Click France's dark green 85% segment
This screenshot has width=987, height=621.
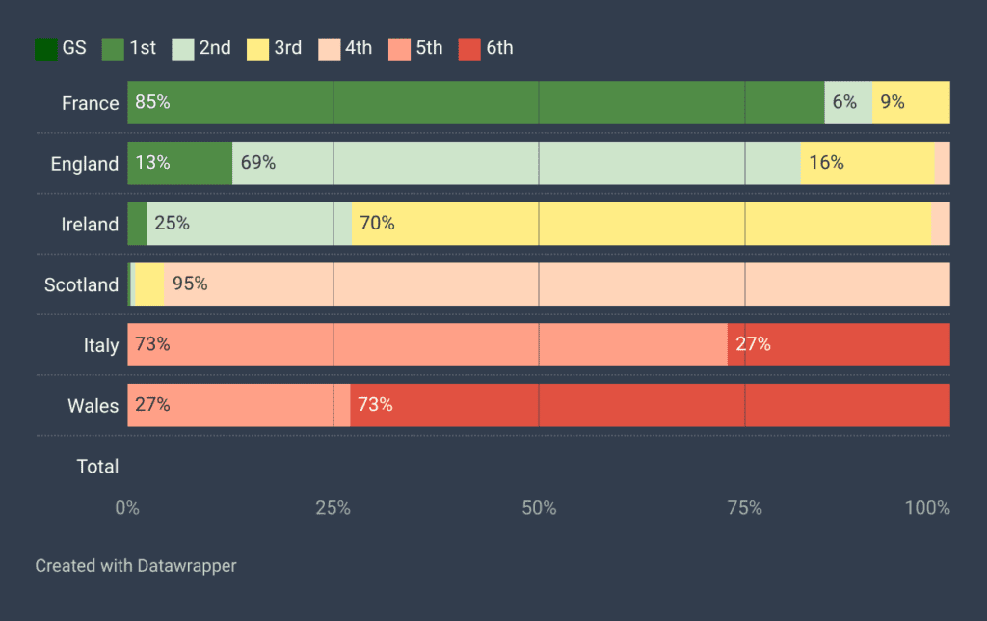[x=475, y=103]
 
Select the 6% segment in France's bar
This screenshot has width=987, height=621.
[x=848, y=103]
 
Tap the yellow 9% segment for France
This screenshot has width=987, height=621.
[x=911, y=103]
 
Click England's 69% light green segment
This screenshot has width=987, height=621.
[x=516, y=163]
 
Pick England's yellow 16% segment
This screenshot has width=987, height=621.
[x=867, y=163]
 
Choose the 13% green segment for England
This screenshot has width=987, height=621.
[x=179, y=163]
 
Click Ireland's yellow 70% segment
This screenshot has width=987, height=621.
[x=641, y=224]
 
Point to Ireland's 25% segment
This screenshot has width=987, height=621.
[x=249, y=224]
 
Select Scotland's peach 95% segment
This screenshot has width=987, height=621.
[x=556, y=284]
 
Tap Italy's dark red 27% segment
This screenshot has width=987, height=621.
[x=839, y=345]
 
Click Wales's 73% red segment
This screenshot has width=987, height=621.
[x=650, y=405]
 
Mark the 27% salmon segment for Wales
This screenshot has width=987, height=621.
[x=238, y=405]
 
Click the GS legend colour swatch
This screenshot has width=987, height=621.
[x=45, y=48]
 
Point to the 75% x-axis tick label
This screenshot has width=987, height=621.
[x=744, y=508]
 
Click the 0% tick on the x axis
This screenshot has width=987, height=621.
[x=127, y=508]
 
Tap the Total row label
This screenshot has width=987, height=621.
[x=97, y=467]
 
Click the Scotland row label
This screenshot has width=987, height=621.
[x=81, y=284]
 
